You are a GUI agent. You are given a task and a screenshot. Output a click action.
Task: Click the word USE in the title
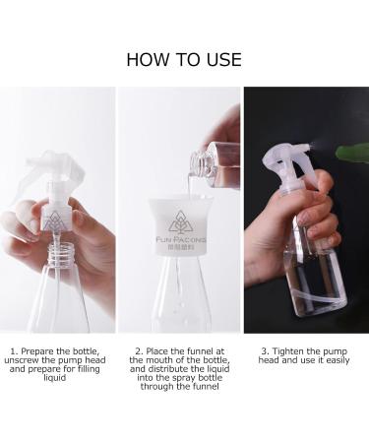224,60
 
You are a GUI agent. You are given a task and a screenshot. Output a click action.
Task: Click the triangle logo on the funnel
179,221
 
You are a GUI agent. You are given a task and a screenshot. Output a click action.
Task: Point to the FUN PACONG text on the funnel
181,240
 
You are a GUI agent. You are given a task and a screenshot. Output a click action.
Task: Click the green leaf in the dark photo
352,154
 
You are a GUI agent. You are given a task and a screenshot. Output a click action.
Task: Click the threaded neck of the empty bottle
61,254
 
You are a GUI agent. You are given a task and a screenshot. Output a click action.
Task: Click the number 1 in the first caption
13,351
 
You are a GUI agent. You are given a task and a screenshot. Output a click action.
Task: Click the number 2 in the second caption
139,351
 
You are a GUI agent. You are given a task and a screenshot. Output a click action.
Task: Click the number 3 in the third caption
265,351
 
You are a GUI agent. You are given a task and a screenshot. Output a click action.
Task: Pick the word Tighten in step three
287,351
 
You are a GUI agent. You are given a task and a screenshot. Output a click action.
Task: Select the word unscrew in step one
22,360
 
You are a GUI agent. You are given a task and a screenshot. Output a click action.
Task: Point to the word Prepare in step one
37,351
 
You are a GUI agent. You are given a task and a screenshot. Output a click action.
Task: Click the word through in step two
157,387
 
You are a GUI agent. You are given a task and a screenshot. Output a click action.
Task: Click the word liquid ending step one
55,378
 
